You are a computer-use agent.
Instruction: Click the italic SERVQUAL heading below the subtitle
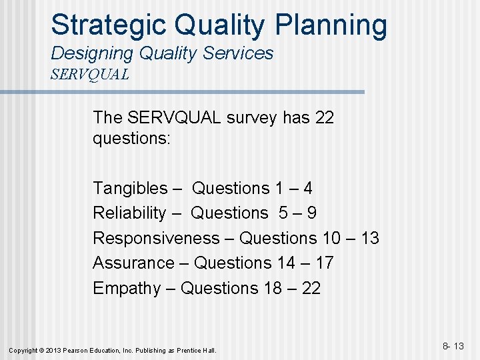(x=89, y=74)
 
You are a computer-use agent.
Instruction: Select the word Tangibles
(x=130, y=189)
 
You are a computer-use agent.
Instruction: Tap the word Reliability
(x=129, y=213)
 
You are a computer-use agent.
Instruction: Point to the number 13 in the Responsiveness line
(x=369, y=238)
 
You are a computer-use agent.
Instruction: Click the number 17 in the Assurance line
(x=324, y=263)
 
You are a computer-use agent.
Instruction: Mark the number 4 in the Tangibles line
(x=307, y=189)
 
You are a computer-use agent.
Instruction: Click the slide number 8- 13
(x=453, y=346)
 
